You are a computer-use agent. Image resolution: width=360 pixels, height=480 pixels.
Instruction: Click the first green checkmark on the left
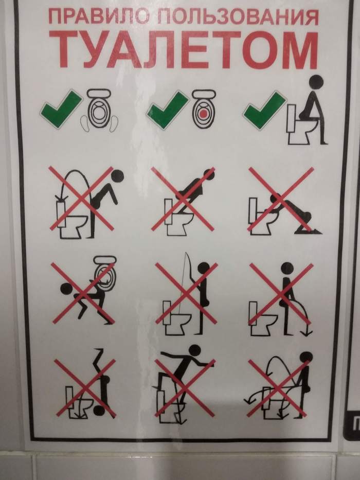pos(61,106)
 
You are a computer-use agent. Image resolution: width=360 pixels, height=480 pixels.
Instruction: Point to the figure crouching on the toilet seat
pos(193,190)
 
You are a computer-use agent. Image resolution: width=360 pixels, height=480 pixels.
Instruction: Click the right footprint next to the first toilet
pos(113,123)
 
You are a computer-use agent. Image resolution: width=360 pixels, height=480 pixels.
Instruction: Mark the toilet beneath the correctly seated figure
pos(296,129)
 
